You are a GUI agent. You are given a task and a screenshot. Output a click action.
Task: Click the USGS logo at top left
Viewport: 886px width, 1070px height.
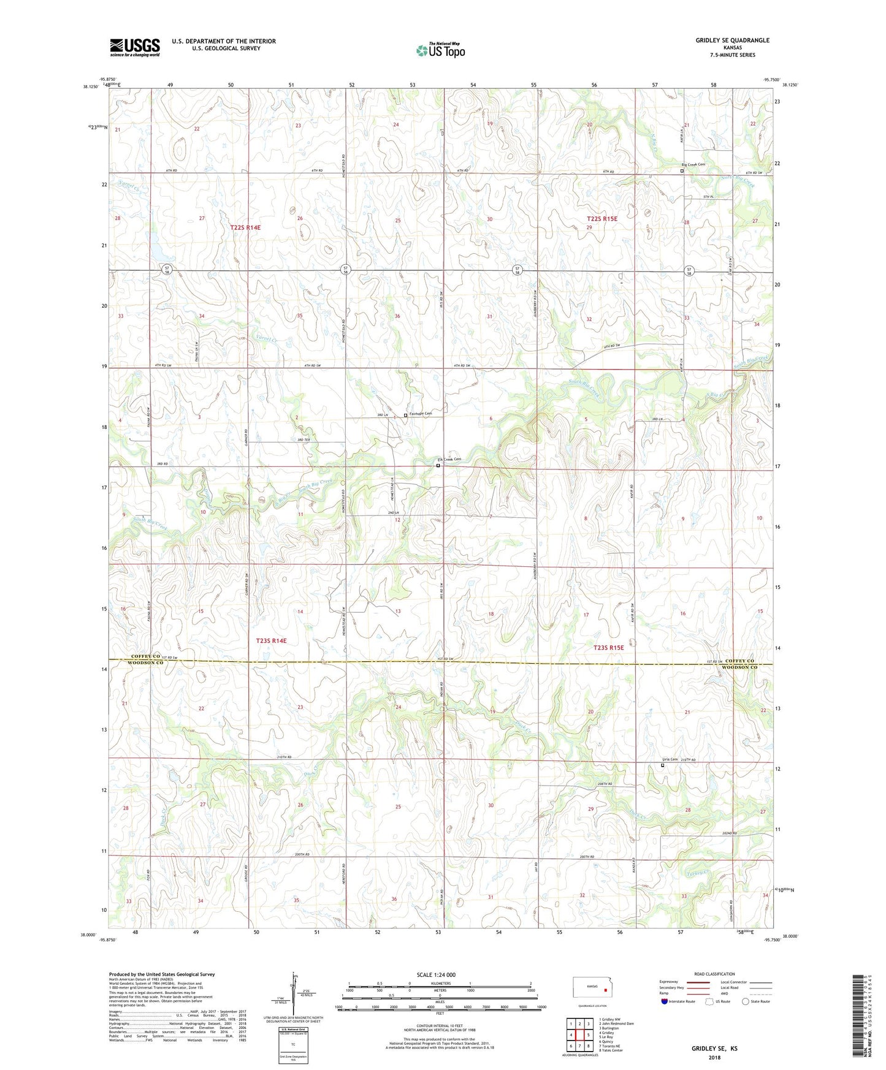pyautogui.click(x=134, y=47)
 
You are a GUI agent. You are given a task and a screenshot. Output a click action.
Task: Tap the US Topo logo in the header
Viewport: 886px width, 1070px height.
pyautogui.click(x=440, y=50)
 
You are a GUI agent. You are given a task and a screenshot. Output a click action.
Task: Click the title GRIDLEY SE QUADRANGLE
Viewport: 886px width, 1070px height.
pyautogui.click(x=732, y=40)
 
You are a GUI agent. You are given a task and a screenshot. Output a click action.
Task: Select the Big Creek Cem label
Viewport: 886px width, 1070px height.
pyautogui.click(x=693, y=164)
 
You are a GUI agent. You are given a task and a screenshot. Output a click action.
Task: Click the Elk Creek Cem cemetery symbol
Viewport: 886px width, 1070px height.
pyautogui.click(x=438, y=466)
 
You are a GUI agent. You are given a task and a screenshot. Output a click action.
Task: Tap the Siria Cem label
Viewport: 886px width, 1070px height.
pyautogui.click(x=670, y=759)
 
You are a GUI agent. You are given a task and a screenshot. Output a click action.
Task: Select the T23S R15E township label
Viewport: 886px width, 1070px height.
pyautogui.click(x=608, y=647)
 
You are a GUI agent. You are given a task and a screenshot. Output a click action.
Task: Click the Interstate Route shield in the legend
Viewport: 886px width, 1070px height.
pyautogui.click(x=664, y=1001)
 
